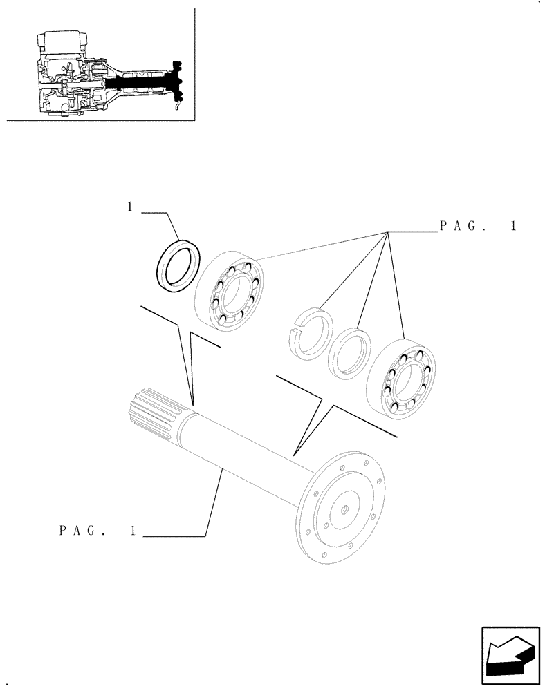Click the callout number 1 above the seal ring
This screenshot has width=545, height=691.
click(129, 207)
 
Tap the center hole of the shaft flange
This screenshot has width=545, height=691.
click(344, 511)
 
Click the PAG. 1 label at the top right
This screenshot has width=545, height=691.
click(477, 226)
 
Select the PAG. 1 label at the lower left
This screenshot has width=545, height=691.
click(97, 531)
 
